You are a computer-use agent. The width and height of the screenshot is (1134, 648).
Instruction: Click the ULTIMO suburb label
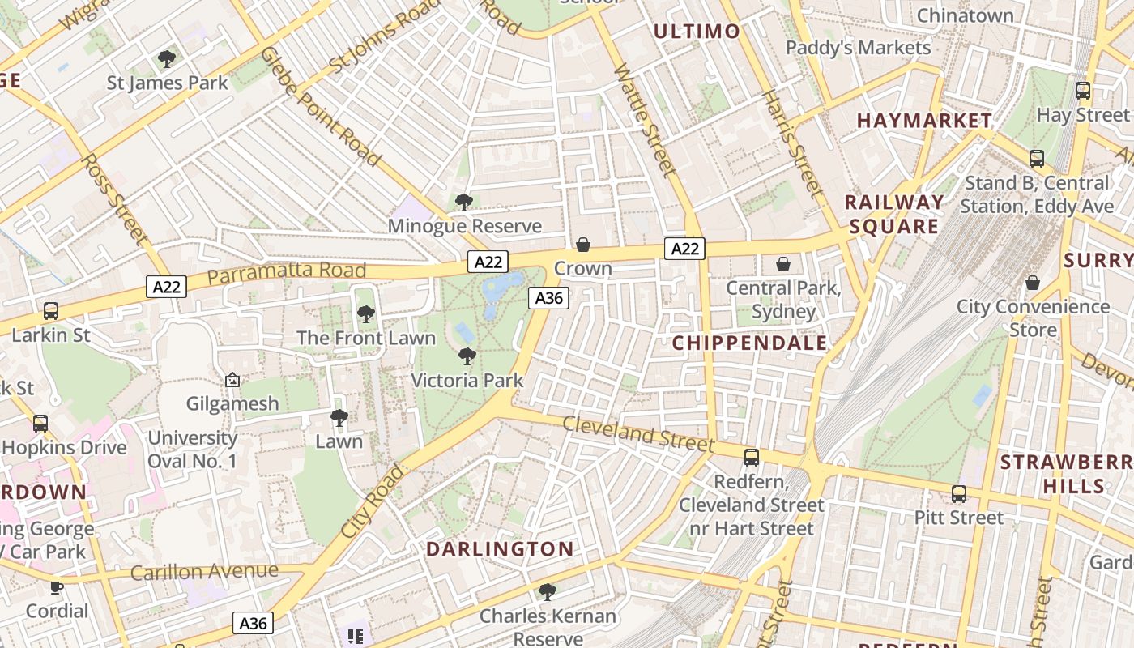(697, 32)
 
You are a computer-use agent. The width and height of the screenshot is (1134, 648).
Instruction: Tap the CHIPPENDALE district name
(750, 343)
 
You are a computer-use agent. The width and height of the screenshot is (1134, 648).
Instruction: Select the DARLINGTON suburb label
(500, 549)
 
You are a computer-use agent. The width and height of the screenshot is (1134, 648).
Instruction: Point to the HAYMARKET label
(924, 121)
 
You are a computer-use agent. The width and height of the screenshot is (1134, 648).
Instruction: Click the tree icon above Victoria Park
(467, 356)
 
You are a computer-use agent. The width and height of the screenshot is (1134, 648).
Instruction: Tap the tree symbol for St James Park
(167, 59)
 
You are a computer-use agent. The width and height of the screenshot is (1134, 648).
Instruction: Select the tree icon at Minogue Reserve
(463, 202)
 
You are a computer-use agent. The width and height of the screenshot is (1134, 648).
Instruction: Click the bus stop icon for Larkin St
(51, 310)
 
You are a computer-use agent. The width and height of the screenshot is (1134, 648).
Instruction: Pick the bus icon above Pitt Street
(959, 493)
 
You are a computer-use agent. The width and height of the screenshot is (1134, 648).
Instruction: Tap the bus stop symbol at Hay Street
(1082, 91)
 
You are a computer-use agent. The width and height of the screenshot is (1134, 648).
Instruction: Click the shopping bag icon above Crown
(582, 245)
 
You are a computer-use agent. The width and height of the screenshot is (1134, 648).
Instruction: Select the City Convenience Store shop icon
(1032, 283)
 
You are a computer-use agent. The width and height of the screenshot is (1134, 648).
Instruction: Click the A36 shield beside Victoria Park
(548, 298)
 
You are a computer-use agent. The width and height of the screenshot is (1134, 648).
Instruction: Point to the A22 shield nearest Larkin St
(167, 286)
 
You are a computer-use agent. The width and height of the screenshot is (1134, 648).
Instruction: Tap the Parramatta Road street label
(287, 272)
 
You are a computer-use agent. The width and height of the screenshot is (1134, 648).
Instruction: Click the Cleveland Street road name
(638, 434)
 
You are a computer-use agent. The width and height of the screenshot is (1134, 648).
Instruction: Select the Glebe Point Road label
(321, 106)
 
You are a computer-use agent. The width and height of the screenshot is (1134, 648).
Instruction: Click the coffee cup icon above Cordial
(56, 586)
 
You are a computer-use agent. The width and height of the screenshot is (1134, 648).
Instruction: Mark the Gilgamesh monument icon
(232, 380)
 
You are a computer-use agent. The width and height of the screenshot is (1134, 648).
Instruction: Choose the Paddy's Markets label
(858, 48)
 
